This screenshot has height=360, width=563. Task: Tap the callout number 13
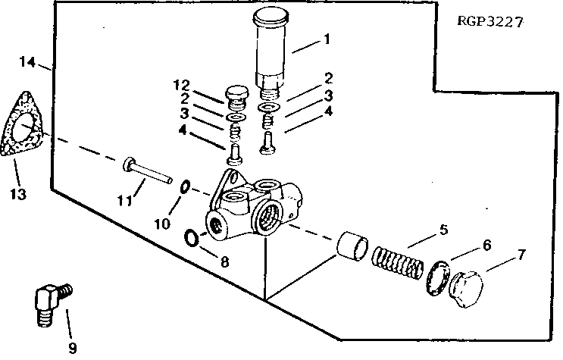pyautogui.click(x=18, y=194)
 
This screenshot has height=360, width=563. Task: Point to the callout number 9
pyautogui.click(x=73, y=349)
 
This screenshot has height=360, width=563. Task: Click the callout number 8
pyautogui.click(x=224, y=262)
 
